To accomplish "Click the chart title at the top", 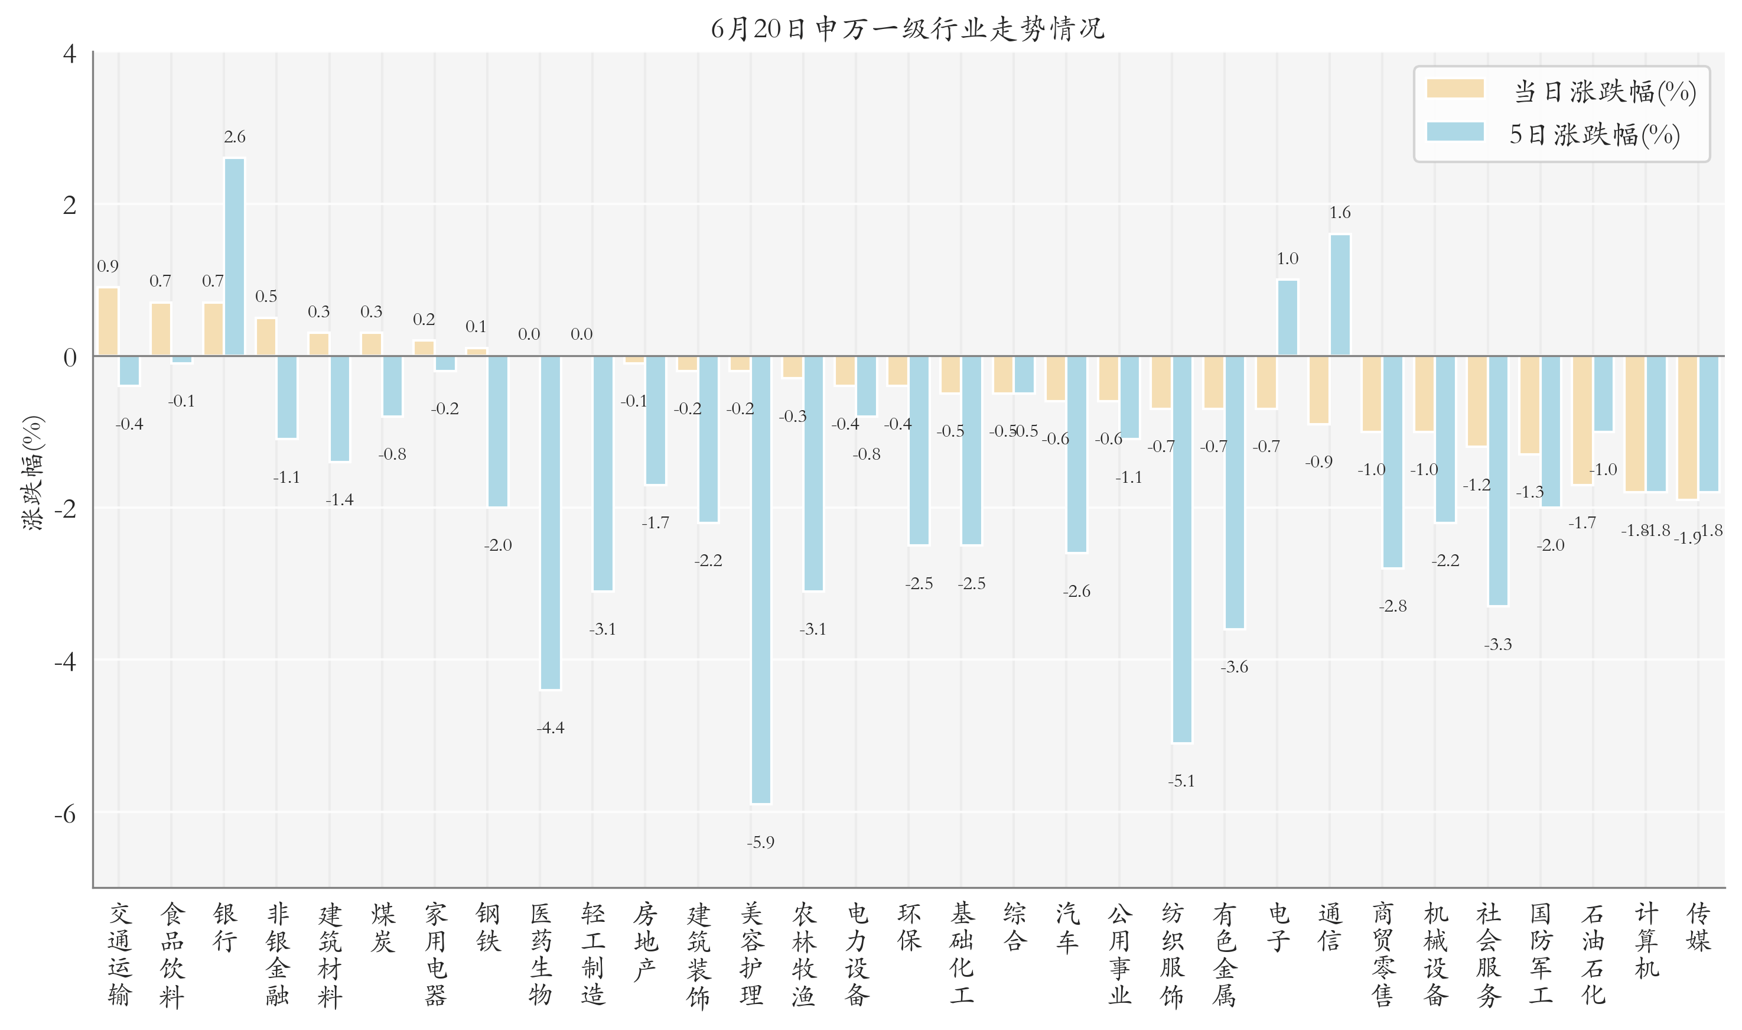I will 907,28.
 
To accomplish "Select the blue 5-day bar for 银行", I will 235,257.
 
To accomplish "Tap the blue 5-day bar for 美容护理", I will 760,580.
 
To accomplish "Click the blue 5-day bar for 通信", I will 1340,295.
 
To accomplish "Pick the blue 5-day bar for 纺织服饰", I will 1181,549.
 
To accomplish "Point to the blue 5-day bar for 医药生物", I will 550,522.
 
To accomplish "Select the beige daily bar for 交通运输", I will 108,321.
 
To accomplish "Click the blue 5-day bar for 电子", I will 1287,318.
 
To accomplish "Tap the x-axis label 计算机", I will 1646,941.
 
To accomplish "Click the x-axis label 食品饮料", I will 171,955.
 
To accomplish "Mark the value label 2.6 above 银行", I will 235,137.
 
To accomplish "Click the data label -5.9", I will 760,843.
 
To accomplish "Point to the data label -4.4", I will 550,728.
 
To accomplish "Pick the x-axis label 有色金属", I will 1225,955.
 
